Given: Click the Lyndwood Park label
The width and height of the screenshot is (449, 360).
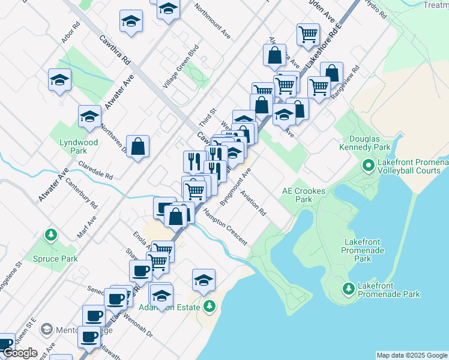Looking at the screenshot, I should tap(79, 147).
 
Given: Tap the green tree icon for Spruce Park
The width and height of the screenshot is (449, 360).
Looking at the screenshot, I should tap(52, 234).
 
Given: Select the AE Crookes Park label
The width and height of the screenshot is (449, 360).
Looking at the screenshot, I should tap(304, 195).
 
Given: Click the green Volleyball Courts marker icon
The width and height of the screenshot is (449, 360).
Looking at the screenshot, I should tap(367, 164).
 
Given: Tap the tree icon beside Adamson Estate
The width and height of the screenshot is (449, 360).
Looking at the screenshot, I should tap(209, 307).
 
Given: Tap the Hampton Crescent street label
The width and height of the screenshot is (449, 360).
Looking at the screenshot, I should tap(224, 227).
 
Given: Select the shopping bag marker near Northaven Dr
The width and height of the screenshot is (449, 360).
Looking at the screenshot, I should tap(137, 146).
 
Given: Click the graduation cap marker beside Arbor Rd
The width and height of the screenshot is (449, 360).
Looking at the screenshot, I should tap(59, 80).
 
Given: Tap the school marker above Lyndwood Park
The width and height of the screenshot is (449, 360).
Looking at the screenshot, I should tap(89, 116).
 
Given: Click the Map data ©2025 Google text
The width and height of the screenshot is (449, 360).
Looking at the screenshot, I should tap(412, 355).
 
